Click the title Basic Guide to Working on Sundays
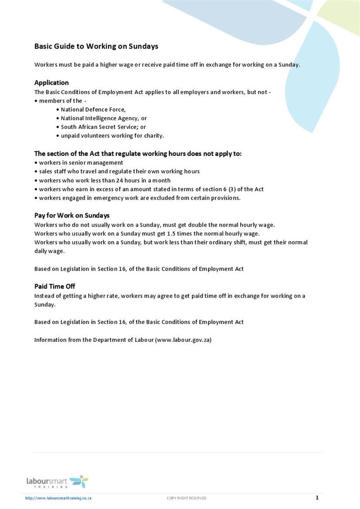pos(96,46)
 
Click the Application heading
pos(51,82)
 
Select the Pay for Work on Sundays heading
pos(72,215)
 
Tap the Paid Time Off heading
pos(55,286)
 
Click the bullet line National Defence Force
pos(93,109)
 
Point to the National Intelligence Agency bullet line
pos(103,118)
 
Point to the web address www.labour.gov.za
pos(183,340)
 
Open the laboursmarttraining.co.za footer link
pos(59,498)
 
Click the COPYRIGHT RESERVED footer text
pos(187,498)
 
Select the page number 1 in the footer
pos(317,498)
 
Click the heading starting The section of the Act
pos(138,154)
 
